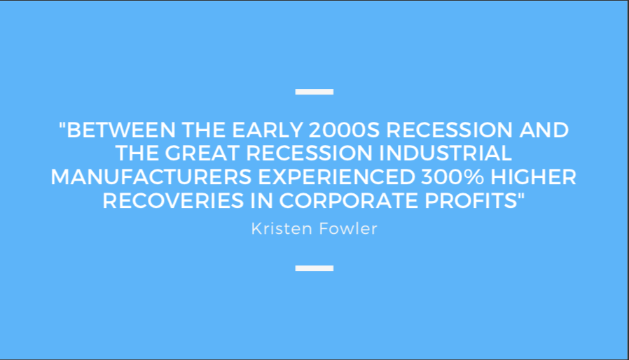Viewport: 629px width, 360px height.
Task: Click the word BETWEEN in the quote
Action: (x=120, y=130)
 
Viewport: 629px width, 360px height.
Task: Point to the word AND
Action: (x=544, y=130)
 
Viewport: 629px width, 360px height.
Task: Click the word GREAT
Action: (x=202, y=153)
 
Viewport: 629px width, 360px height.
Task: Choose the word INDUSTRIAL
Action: (x=445, y=153)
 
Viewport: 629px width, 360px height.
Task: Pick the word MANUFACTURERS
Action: (x=151, y=177)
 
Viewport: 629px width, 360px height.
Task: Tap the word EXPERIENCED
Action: (x=336, y=177)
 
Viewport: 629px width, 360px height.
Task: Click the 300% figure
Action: (x=452, y=177)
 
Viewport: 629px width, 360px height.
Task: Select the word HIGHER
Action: (x=534, y=177)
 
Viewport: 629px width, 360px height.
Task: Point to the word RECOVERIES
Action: (x=173, y=201)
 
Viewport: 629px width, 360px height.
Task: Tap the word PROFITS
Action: (x=471, y=201)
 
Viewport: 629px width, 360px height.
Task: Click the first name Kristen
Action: (x=282, y=229)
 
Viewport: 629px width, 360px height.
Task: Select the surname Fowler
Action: (x=348, y=229)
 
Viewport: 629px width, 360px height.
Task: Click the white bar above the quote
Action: (x=314, y=92)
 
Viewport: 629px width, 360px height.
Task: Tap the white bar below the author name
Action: (x=314, y=268)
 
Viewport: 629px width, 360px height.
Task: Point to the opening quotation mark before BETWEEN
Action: (x=62, y=125)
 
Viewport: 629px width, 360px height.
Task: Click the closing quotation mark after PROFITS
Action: (x=520, y=196)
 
